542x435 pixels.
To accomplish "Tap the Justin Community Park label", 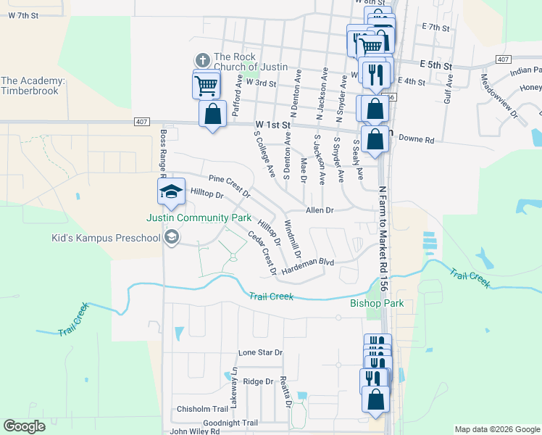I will pyautogui.click(x=199, y=217).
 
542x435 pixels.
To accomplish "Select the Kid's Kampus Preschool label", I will pyautogui.click(x=106, y=238).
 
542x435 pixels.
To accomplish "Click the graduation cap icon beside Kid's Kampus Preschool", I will pyautogui.click(x=172, y=237).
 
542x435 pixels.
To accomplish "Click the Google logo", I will pyautogui.click(x=25, y=426).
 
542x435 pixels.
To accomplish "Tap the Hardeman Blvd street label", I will pyautogui.click(x=307, y=265).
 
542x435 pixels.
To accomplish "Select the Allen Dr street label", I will pyautogui.click(x=319, y=210).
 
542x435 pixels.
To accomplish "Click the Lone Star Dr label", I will pyautogui.click(x=260, y=353).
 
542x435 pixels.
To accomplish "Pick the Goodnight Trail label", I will pyautogui.click(x=230, y=423).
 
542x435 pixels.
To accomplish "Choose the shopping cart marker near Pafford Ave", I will pyautogui.click(x=207, y=86).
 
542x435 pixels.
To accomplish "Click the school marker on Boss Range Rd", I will pyautogui.click(x=172, y=192).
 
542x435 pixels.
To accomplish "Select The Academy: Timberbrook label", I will pyautogui.click(x=33, y=86).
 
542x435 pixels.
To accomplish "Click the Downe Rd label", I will pyautogui.click(x=416, y=138).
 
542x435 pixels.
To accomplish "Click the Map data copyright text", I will pyautogui.click(x=496, y=429).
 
